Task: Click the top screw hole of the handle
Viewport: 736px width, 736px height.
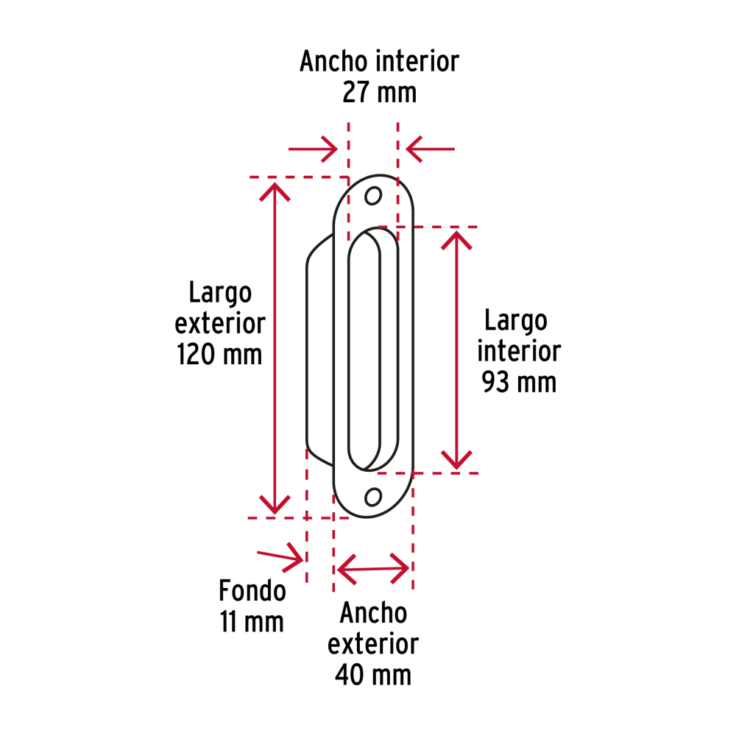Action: (x=373, y=196)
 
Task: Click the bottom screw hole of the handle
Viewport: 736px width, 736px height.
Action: (x=373, y=497)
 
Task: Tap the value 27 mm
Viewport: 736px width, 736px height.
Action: (x=379, y=92)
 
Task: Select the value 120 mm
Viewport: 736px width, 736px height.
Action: (x=219, y=355)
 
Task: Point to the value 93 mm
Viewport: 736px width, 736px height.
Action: (x=519, y=382)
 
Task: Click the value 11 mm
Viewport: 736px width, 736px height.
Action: (x=252, y=622)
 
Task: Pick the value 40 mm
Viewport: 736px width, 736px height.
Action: (x=373, y=675)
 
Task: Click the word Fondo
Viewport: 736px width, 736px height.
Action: (x=252, y=590)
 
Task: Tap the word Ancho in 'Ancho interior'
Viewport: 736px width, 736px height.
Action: (x=333, y=61)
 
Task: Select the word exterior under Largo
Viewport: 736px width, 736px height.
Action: (x=220, y=324)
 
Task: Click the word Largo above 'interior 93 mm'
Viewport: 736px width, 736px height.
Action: (x=516, y=321)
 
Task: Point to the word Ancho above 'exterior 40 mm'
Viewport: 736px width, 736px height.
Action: (x=373, y=612)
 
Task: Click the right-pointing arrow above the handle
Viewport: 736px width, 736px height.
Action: (x=313, y=149)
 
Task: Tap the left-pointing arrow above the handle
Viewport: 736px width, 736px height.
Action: (x=430, y=149)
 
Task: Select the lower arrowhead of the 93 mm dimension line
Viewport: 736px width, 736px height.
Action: (x=456, y=459)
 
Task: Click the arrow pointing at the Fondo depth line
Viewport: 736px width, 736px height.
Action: (x=280, y=557)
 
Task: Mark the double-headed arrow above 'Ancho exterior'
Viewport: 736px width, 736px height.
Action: (x=373, y=569)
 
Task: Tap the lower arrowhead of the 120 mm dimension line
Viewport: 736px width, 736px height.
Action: (x=275, y=505)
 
